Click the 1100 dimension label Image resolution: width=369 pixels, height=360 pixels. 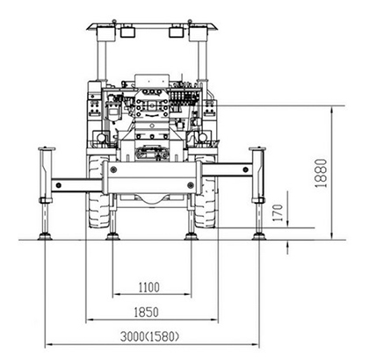[x=149, y=287]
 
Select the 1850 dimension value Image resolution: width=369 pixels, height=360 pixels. [x=146, y=313]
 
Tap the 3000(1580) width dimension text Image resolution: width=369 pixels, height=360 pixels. [x=149, y=336]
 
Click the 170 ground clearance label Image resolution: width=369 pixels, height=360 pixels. [x=278, y=212]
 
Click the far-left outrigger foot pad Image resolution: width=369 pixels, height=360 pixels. [x=45, y=236]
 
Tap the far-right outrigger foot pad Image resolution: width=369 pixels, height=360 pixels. [x=259, y=236]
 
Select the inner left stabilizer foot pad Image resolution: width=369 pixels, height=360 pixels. [x=113, y=236]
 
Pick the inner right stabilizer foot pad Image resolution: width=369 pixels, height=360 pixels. [x=192, y=236]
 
